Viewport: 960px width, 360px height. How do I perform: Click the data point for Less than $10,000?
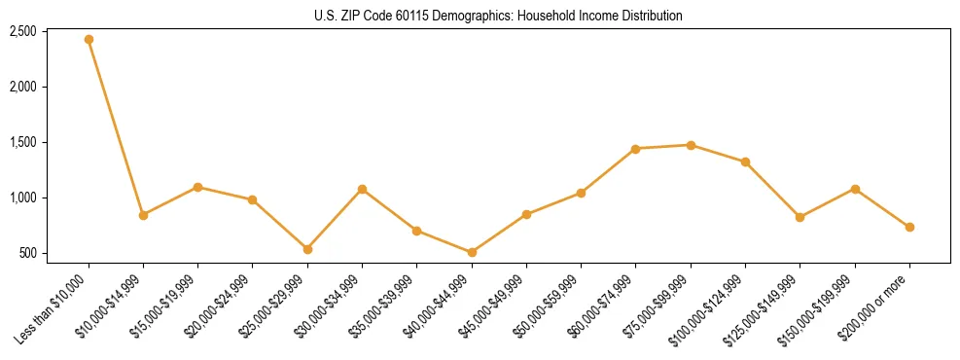[89, 39]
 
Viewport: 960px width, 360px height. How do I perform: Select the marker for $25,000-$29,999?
[307, 249]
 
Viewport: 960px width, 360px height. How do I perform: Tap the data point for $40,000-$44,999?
[472, 252]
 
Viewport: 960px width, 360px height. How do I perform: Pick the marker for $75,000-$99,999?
[691, 145]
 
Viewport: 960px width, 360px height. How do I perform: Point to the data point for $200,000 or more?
[909, 227]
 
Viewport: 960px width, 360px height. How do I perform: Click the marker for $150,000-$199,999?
[855, 189]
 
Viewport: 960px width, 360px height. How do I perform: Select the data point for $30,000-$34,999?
[362, 189]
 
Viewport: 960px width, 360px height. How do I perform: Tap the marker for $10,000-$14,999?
[143, 215]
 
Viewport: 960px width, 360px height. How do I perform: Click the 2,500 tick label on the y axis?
[22, 31]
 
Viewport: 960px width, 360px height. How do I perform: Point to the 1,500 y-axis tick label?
[22, 142]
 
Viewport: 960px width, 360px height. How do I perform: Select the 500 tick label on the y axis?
[28, 253]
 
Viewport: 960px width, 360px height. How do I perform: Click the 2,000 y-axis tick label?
[22, 87]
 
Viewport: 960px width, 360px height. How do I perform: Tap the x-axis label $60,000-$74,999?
[607, 305]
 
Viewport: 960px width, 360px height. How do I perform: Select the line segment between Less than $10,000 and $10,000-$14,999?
[116, 126]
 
